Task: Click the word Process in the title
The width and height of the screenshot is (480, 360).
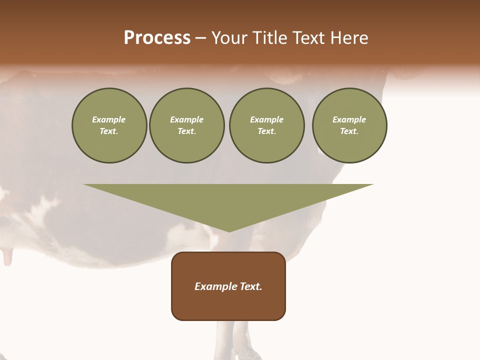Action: (x=157, y=38)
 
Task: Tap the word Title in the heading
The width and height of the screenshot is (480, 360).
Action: (x=270, y=38)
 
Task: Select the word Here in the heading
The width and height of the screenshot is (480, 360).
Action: (x=348, y=38)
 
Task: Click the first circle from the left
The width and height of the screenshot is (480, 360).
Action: (x=109, y=125)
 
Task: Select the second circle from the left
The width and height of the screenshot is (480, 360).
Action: (x=187, y=125)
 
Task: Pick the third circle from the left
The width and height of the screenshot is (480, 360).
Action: (x=267, y=125)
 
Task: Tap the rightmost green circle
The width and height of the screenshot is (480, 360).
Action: (x=349, y=125)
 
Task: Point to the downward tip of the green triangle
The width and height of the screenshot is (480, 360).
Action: (x=229, y=231)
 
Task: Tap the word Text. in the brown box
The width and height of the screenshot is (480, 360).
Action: (x=250, y=286)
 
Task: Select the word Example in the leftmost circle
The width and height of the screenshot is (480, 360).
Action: (x=109, y=119)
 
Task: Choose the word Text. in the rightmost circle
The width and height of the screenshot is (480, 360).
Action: (x=349, y=131)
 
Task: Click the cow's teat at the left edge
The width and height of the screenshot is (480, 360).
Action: (x=7, y=257)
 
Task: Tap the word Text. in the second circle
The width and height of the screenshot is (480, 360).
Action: (x=187, y=131)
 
